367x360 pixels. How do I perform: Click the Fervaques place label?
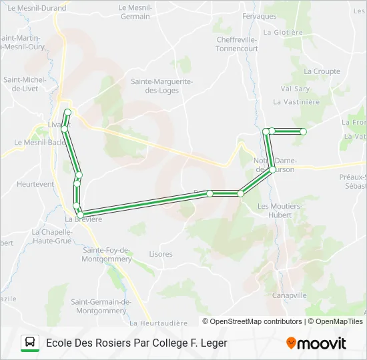(260, 16)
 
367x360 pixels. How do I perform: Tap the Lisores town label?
(161, 254)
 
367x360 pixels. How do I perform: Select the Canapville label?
(290, 295)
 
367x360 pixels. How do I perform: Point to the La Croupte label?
(322, 71)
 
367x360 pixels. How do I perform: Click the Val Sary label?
(295, 88)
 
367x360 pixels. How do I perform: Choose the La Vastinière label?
(297, 102)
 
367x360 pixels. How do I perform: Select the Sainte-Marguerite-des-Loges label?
(161, 85)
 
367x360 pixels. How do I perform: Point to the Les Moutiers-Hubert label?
(280, 210)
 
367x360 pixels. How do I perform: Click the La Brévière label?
(83, 219)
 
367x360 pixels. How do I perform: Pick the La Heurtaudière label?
(159, 323)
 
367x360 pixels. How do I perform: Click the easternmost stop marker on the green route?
(303, 132)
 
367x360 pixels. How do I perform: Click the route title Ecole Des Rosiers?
(137, 343)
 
